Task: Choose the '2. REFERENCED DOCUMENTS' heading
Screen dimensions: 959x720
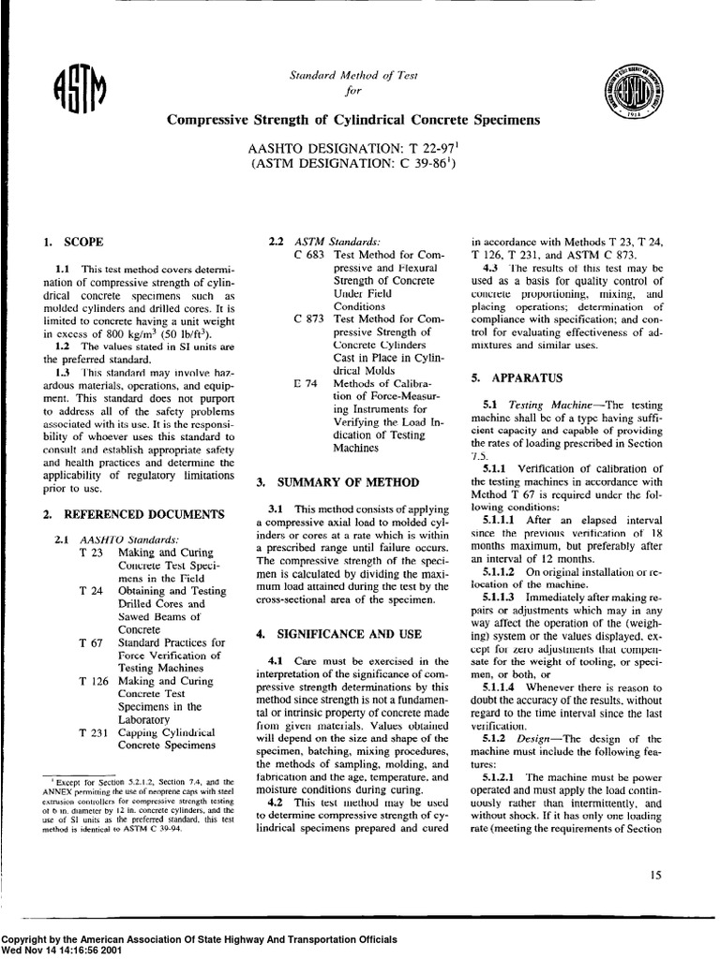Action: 133,514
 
